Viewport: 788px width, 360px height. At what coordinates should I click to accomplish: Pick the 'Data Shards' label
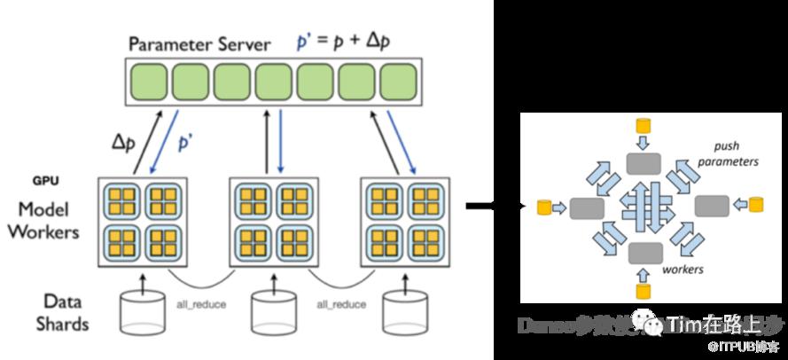[59, 312]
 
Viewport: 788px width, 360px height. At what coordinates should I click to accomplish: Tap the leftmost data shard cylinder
[144, 310]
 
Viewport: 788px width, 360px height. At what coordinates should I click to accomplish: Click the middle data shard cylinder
[274, 310]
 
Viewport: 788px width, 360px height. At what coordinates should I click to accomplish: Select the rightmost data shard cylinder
[405, 310]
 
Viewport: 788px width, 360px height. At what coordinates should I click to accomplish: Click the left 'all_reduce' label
[202, 304]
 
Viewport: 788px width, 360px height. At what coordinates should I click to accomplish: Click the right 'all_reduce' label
[341, 304]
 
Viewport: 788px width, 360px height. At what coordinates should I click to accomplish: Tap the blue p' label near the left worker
[186, 142]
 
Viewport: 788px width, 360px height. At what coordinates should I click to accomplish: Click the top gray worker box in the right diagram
[644, 162]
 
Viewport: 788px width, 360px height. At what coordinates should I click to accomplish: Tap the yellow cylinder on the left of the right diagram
[543, 207]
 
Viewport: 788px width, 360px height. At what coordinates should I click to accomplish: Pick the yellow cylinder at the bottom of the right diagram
[644, 290]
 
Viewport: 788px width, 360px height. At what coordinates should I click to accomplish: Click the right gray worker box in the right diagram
[711, 207]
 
